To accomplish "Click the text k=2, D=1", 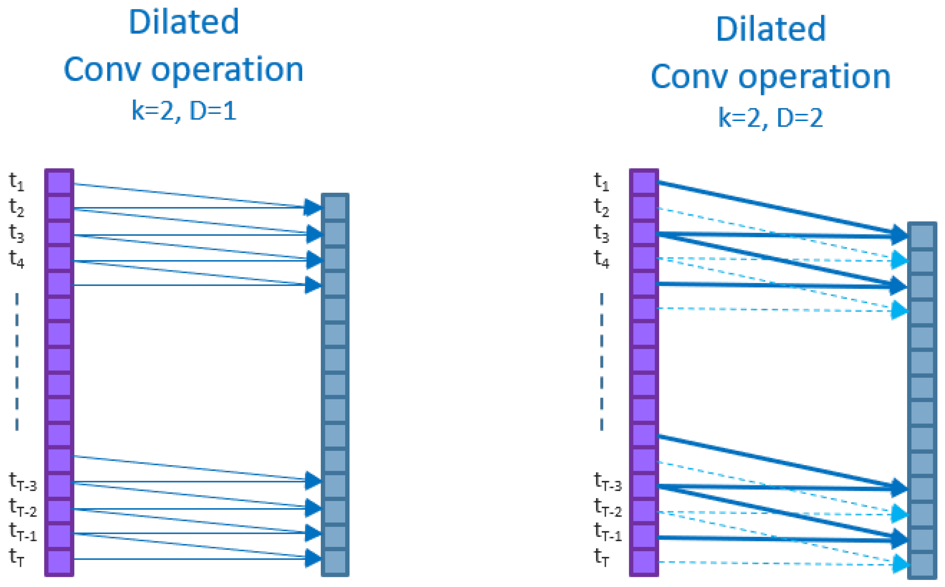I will click(x=184, y=111).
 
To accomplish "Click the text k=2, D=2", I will click(x=770, y=118).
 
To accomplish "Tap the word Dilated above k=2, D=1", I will click(x=184, y=22).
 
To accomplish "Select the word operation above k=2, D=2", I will click(x=814, y=77).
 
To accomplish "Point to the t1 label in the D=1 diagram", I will click(x=16, y=182).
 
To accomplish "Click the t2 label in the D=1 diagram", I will click(x=16, y=207).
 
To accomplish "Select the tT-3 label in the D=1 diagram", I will click(x=23, y=482).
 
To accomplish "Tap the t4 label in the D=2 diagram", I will click(x=601, y=259).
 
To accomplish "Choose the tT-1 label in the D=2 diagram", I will click(x=608, y=532).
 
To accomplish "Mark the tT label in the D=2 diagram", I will click(x=601, y=557).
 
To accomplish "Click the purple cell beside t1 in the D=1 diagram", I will click(x=59, y=183).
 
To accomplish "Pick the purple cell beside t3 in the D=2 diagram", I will click(x=644, y=234).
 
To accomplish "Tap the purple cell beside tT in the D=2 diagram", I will click(x=644, y=563).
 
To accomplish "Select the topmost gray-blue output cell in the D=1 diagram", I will click(x=335, y=207).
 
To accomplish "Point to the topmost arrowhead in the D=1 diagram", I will click(x=312, y=207).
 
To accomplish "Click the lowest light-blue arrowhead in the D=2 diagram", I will click(x=900, y=564).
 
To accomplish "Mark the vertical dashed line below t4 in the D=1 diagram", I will click(x=17, y=361).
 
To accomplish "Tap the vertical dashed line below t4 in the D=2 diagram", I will click(x=601, y=361).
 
